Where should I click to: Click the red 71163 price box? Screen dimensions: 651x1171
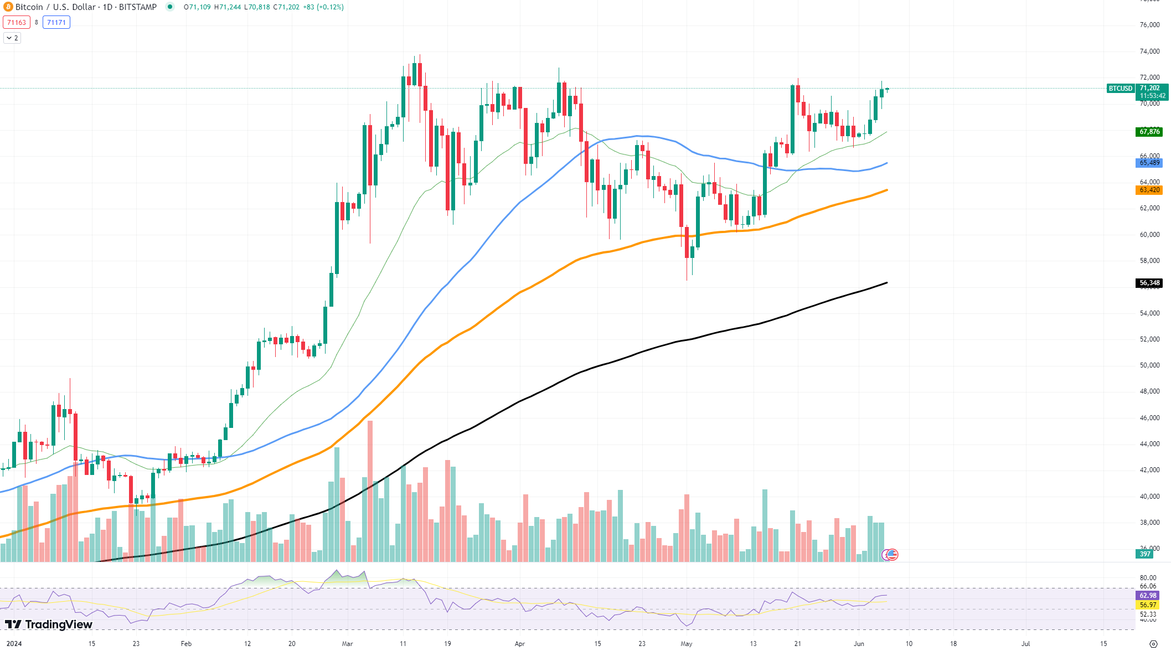pos(17,23)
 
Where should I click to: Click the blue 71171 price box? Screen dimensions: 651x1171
pos(56,23)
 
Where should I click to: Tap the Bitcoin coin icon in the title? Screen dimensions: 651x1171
pos(8,7)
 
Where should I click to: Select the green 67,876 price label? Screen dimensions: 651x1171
pos(1149,132)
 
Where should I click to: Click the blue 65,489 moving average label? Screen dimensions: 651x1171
pos(1149,163)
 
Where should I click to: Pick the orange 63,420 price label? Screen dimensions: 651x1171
pos(1149,190)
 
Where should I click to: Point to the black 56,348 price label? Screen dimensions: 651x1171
pos(1149,283)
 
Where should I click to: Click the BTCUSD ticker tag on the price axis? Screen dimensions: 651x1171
pos(1121,89)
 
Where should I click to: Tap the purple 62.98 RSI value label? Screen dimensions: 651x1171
pos(1148,596)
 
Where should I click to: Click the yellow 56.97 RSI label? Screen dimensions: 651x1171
pos(1148,605)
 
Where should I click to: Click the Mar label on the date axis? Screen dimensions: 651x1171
pos(347,644)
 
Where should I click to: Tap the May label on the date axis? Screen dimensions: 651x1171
pos(687,644)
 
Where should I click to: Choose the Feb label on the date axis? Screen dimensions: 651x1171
pos(186,644)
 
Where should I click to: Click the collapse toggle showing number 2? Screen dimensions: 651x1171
pos(12,38)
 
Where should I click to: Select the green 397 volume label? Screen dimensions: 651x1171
pos(1144,554)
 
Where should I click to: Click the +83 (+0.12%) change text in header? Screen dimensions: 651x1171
pos(323,7)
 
